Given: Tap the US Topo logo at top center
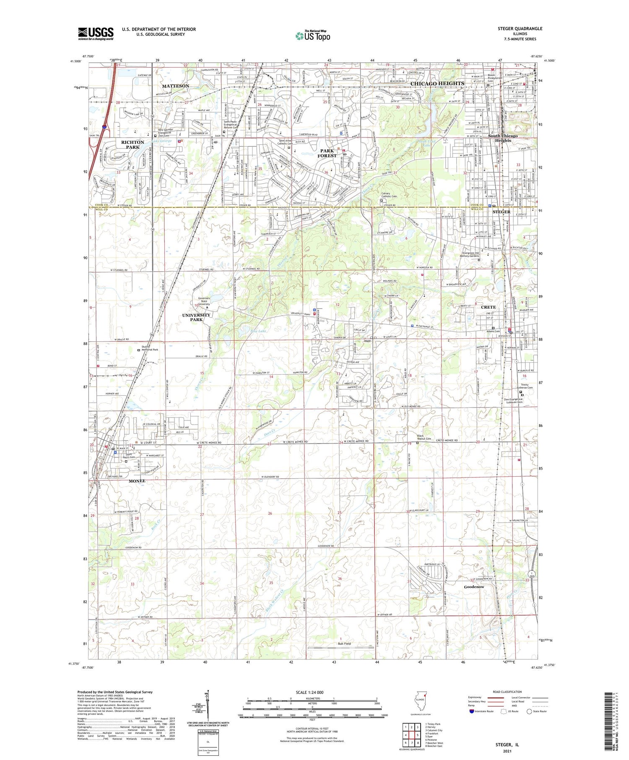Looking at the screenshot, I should [x=312, y=36].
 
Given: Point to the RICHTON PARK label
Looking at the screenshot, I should [x=133, y=145].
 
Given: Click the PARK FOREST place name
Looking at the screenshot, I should [x=327, y=153].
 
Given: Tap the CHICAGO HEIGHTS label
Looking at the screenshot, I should [x=437, y=83].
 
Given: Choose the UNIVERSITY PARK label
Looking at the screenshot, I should [x=196, y=317].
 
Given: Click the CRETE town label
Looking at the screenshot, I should [x=488, y=307].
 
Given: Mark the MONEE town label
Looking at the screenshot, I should [x=137, y=481].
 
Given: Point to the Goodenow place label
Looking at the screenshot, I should [x=474, y=587].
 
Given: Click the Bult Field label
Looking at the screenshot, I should [x=344, y=643].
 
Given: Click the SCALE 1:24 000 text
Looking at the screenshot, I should [x=312, y=692].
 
